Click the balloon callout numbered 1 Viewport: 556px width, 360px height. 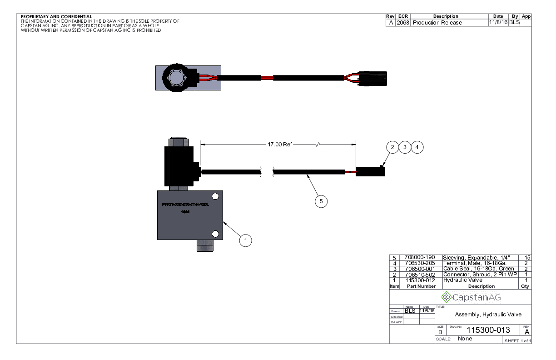pos(245,240)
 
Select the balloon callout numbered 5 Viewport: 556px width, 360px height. pos(321,201)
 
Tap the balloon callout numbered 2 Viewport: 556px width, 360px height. pos(392,147)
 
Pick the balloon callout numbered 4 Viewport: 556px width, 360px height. pos(417,147)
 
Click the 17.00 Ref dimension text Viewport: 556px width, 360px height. pos(280,145)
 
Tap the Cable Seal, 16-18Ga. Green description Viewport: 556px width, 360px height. pos(478,269)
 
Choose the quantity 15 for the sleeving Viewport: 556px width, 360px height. pos(527,258)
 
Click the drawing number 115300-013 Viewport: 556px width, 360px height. pos(486,330)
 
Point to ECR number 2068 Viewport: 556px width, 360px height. pos(402,23)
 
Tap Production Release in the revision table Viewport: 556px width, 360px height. pos(437,23)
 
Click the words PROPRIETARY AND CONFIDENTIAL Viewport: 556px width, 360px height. pos(56,17)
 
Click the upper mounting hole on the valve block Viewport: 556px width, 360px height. pos(215,196)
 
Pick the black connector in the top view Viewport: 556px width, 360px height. pos(372,78)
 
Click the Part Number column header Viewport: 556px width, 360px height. pos(421,286)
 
